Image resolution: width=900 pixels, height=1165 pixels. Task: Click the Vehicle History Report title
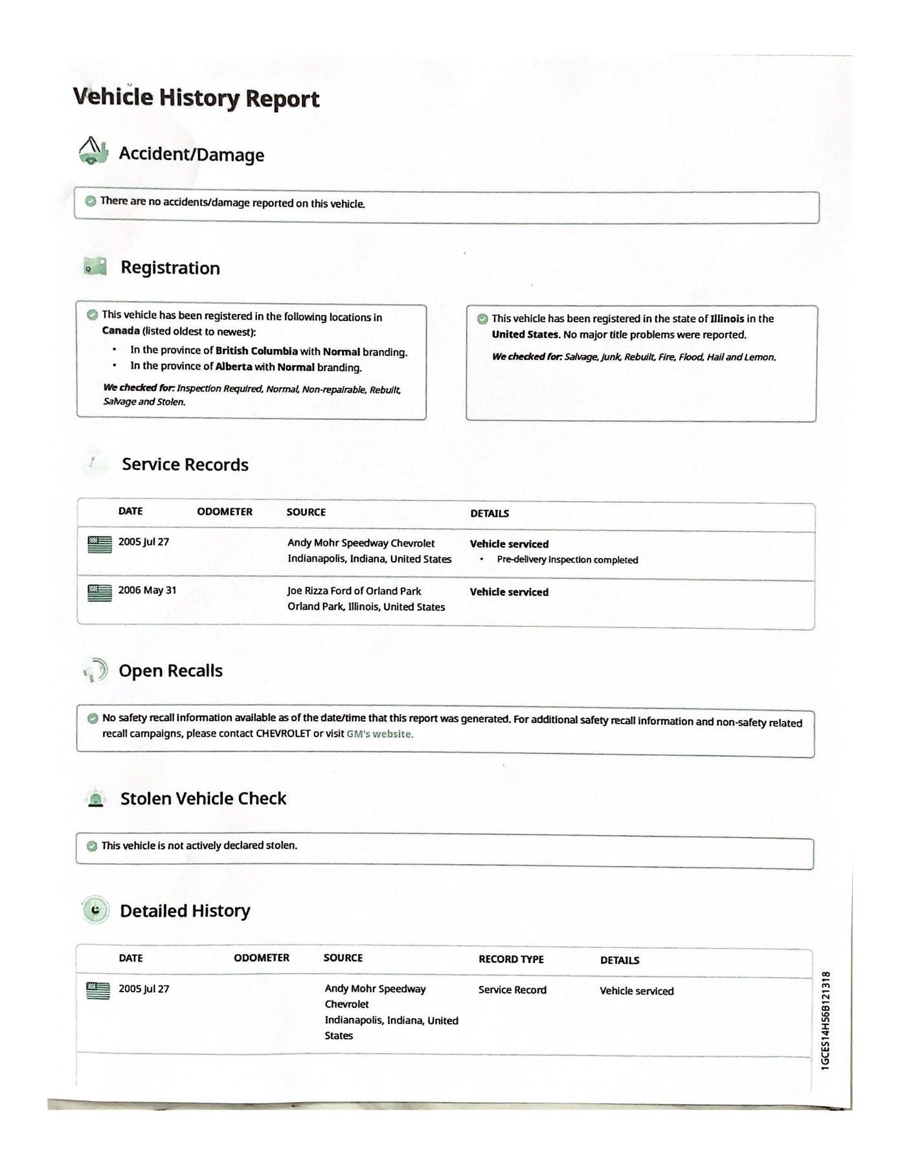[x=196, y=98]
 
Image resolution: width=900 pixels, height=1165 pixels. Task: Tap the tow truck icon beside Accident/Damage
[x=93, y=151]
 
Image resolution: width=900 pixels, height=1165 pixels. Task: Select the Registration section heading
[x=170, y=268]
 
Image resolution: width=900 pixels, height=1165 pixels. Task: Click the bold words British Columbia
[x=256, y=351]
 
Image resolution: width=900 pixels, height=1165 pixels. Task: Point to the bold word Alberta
[x=234, y=366]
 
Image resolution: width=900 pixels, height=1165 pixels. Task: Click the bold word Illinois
[x=727, y=318]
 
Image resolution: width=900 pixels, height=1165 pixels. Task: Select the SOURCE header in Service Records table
[x=306, y=512]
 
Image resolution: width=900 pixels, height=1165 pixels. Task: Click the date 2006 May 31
[x=147, y=590]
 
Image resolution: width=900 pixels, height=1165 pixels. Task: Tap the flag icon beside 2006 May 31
[x=99, y=592]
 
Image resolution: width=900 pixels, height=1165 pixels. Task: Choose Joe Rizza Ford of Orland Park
[x=354, y=591]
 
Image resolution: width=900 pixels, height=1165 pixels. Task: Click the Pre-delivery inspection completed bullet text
[x=567, y=560]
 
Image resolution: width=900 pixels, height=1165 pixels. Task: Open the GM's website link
[x=379, y=734]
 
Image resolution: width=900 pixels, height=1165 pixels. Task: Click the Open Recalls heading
[x=170, y=671]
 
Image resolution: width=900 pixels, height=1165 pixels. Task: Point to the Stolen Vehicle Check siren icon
[x=96, y=799]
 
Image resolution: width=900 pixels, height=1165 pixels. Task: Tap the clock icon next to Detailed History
[x=96, y=911]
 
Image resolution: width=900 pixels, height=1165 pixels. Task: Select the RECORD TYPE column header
[x=511, y=959]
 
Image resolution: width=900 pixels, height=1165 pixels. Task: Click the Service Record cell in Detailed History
[x=512, y=990]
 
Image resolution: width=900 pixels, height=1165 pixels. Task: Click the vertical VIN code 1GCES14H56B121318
[x=826, y=1020]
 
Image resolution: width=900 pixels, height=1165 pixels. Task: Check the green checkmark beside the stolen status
[x=92, y=846]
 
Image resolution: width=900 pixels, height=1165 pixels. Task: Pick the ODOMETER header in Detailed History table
[x=262, y=958]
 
